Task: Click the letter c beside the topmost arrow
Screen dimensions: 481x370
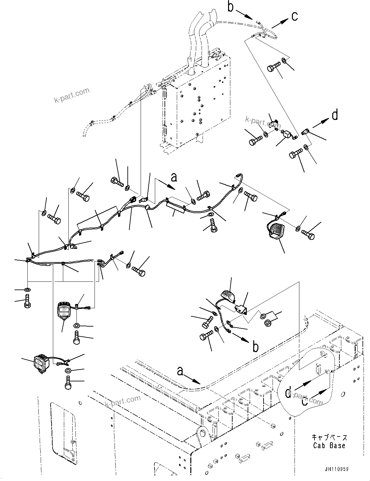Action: [x=294, y=16]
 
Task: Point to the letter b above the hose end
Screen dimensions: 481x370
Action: [x=230, y=7]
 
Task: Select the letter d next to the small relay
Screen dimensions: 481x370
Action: [x=335, y=115]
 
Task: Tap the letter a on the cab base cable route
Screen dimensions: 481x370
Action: [x=180, y=371]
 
